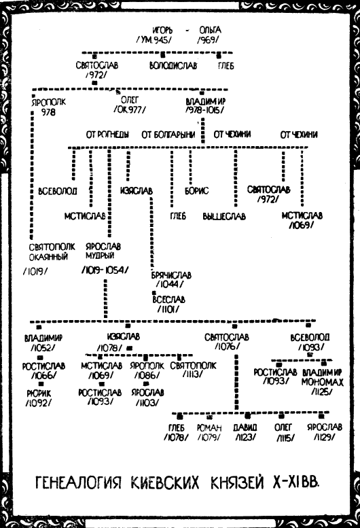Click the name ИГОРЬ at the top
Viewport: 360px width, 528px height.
click(x=162, y=30)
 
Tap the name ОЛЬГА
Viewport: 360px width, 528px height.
click(x=210, y=30)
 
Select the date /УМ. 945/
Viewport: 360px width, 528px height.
click(x=154, y=39)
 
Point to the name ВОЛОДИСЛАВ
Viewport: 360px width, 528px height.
click(x=173, y=65)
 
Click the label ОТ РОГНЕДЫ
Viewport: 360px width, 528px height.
click(x=107, y=135)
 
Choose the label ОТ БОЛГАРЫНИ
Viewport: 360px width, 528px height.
click(x=168, y=135)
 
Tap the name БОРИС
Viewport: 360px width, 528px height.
click(x=196, y=191)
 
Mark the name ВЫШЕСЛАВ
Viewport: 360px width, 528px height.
click(x=224, y=216)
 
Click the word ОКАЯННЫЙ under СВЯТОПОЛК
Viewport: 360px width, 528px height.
click(x=48, y=257)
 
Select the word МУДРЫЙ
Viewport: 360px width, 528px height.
click(x=100, y=256)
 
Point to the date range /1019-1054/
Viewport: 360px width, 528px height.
click(x=105, y=270)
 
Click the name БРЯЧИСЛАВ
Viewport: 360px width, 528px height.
click(x=171, y=275)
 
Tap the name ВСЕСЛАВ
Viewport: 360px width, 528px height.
click(x=168, y=300)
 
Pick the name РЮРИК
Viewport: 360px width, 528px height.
click(x=39, y=393)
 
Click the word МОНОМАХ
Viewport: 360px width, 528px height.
click(x=323, y=382)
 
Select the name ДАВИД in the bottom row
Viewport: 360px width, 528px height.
click(x=245, y=427)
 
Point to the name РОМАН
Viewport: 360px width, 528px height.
click(x=209, y=427)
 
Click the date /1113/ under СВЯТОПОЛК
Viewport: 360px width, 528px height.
click(x=193, y=374)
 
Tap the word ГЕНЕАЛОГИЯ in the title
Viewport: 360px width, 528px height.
click(x=78, y=482)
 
